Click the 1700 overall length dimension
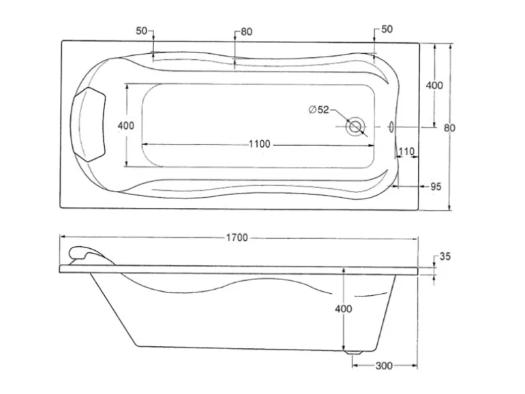(237, 238)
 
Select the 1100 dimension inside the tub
(259, 144)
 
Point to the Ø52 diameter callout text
(318, 109)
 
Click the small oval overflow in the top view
(391, 127)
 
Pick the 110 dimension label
(406, 151)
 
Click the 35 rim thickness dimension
(445, 257)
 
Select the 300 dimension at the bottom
(384, 366)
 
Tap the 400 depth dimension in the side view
(344, 309)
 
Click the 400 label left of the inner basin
(125, 126)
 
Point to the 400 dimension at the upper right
(434, 85)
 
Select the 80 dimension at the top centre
(246, 31)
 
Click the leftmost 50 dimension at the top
(142, 31)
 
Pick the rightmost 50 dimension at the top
(386, 30)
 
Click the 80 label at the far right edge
(450, 127)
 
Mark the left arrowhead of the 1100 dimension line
(144, 144)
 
